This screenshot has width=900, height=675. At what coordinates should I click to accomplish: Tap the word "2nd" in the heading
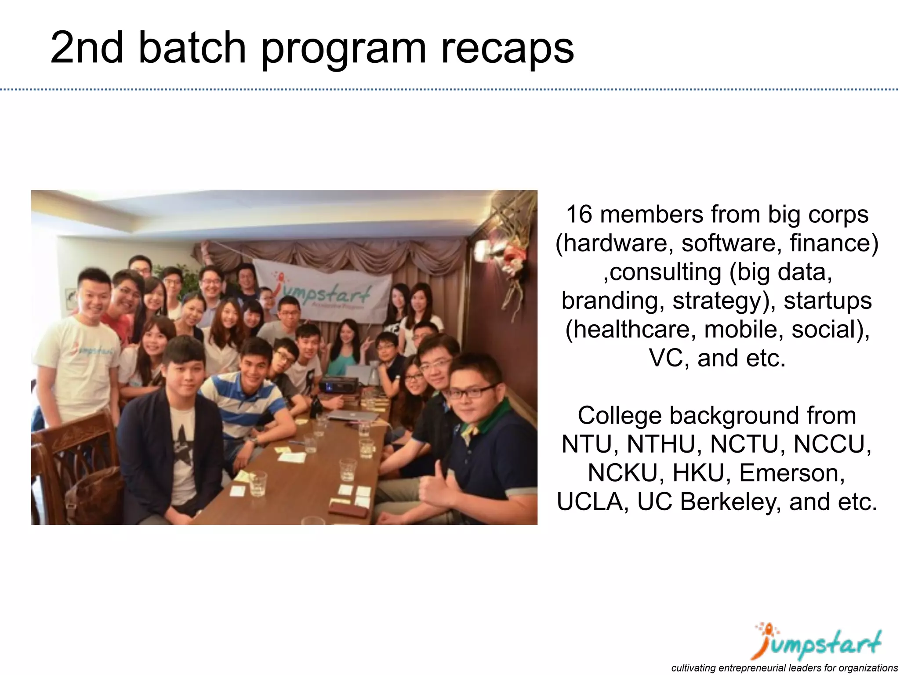[x=87, y=47]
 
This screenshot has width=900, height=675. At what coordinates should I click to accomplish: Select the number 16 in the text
[x=580, y=214]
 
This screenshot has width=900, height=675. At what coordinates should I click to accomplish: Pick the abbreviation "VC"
[x=667, y=358]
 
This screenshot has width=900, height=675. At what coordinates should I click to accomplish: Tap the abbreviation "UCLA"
[x=593, y=501]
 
